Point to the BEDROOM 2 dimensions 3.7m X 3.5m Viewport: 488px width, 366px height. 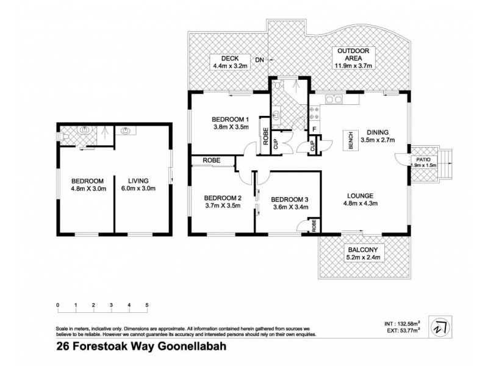223,206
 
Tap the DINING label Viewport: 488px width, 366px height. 378,131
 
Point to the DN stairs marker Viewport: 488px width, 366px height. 259,60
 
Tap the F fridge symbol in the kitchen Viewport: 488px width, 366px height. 314,129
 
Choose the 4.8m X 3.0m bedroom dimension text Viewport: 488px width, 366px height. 87,188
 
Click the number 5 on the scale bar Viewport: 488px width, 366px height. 147,304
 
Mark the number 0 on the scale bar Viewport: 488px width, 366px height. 57,304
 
